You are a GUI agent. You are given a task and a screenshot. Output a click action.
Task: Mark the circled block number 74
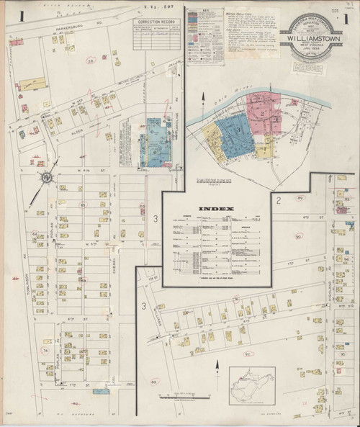45,351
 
